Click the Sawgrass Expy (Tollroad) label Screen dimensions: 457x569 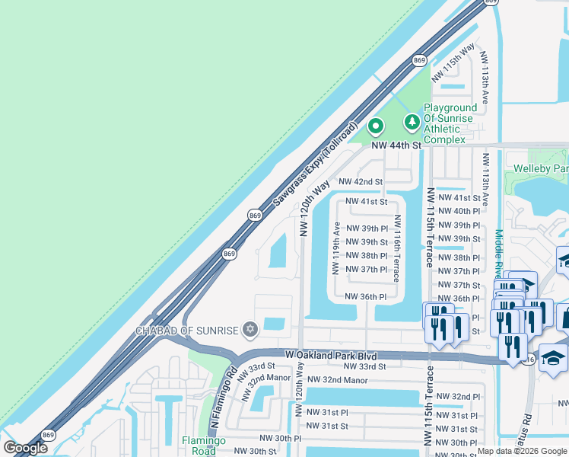pyautogui.click(x=314, y=163)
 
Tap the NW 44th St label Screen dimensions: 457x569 pyautogui.click(x=396, y=145)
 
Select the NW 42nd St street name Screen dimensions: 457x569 pyautogui.click(x=361, y=182)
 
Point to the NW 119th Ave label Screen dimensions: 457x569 pyautogui.click(x=335, y=248)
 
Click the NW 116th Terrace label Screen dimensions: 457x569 pyautogui.click(x=396, y=247)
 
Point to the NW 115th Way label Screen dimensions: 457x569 pyautogui.click(x=453, y=63)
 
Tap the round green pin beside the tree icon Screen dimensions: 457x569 pyautogui.click(x=375, y=126)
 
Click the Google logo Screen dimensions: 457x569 pyautogui.click(x=25, y=448)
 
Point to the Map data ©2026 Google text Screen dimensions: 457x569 pyautogui.click(x=521, y=451)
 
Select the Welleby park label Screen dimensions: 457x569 pyautogui.click(x=540, y=168)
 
